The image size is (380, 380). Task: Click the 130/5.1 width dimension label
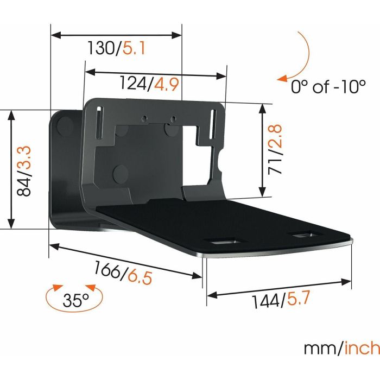[x=116, y=49]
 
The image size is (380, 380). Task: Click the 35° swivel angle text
[x=75, y=299]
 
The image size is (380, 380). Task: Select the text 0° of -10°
[x=327, y=87]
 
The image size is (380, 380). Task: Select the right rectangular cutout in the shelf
[x=306, y=235]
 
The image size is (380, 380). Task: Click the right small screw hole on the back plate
[x=173, y=118]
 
